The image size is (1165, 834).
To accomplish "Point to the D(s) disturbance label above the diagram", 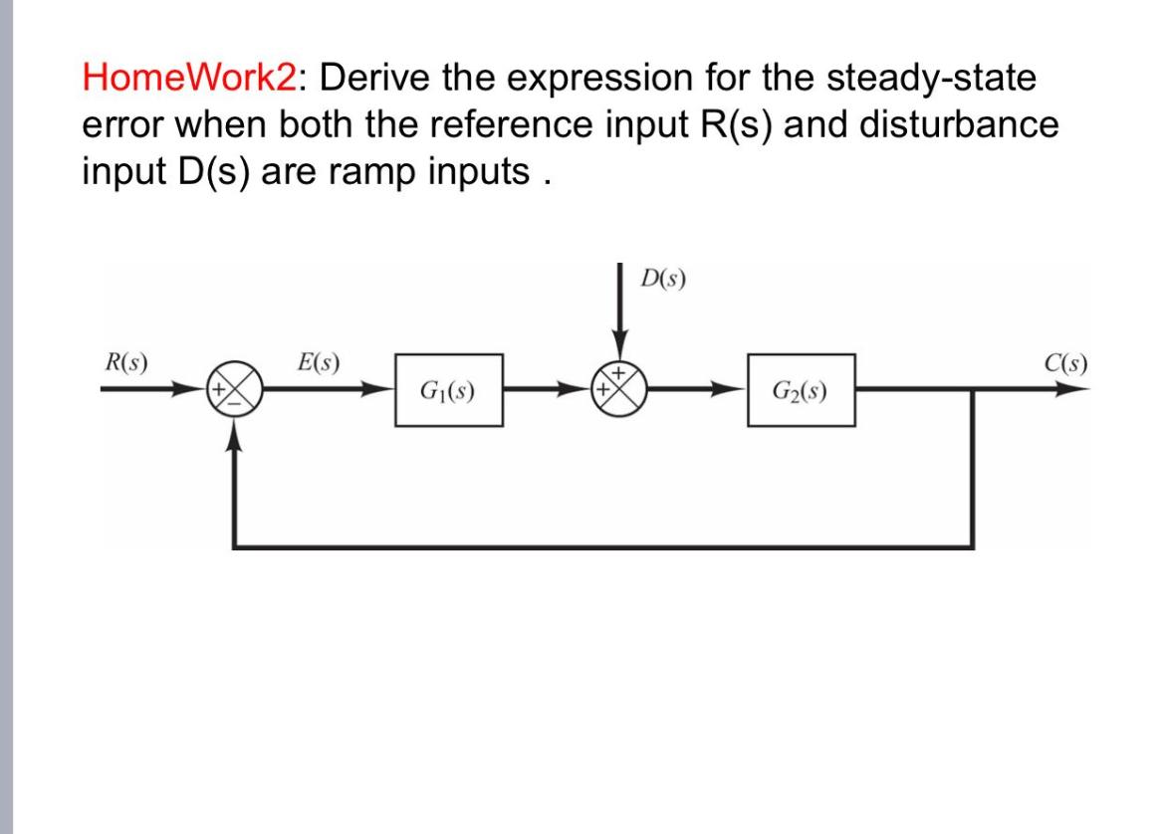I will coord(661,276).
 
